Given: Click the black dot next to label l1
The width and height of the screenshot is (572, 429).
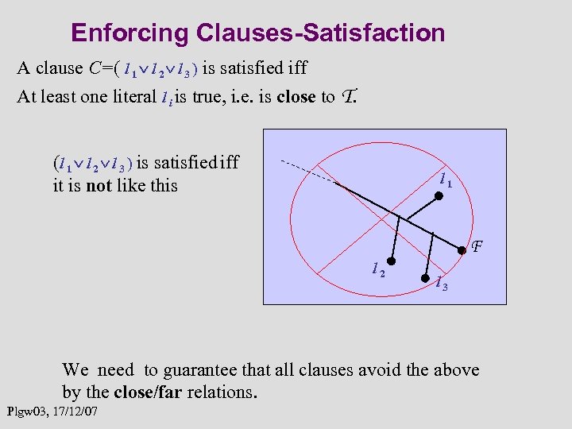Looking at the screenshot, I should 438,195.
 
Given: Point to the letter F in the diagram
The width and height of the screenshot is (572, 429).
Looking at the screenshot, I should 477,247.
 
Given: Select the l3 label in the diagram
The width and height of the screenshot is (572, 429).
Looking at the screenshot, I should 442,282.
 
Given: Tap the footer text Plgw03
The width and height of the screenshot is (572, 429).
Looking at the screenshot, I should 28,412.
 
